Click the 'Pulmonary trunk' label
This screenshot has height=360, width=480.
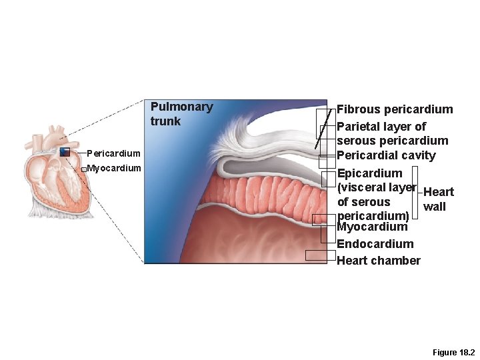pos(181,113)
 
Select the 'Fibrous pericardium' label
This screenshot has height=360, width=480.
pos(395,109)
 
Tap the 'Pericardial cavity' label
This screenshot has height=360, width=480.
pos(386,156)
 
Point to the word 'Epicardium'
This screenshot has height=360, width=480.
pos(369,174)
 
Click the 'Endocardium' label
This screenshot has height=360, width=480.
pos(375,244)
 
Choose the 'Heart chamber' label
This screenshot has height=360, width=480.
pos(378,261)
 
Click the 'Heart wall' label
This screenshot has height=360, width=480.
pos(438,199)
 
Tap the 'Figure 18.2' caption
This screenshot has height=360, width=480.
pos(454,352)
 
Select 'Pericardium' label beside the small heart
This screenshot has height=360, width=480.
pos(113,154)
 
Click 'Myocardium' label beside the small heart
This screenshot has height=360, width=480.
pos(114,168)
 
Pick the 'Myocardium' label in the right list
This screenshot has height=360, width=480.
pos(372,227)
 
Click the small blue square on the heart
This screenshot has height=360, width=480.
pos(65,152)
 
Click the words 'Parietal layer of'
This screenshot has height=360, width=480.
pos(381,126)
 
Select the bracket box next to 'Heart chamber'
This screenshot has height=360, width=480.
pos(320,255)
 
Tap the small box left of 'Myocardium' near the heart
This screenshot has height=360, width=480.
pos(83,169)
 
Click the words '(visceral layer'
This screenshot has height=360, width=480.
pos(377,188)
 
